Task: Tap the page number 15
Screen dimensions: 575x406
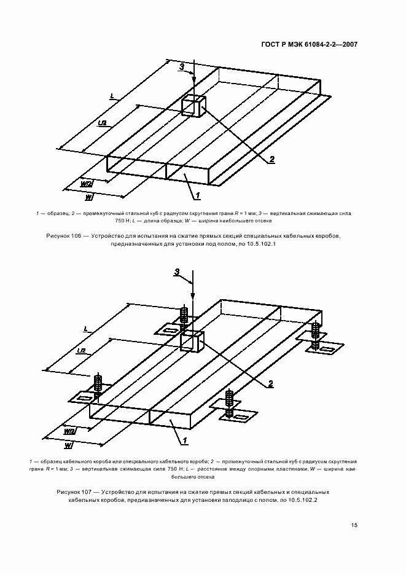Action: click(354, 525)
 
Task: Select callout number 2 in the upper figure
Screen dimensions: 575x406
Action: click(271, 159)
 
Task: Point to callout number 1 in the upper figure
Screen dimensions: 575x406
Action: click(198, 195)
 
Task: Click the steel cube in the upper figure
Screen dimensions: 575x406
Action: click(194, 105)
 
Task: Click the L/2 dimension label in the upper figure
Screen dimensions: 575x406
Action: click(102, 123)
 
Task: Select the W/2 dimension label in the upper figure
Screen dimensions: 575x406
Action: click(87, 183)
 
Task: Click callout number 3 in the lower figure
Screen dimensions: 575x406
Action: click(177, 272)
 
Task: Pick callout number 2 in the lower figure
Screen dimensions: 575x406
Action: click(270, 385)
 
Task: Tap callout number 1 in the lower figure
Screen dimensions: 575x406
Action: click(184, 440)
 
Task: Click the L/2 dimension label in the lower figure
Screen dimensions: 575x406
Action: click(80, 350)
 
